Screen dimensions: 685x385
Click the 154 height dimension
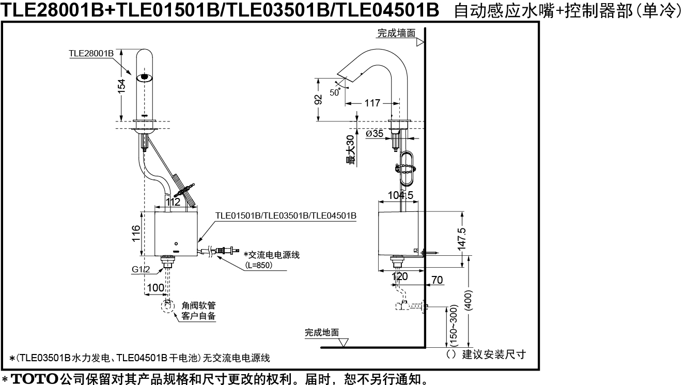click(122, 86)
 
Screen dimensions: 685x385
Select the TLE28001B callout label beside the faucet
click(91, 53)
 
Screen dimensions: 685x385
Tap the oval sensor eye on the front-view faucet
click(145, 77)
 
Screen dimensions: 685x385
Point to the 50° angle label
click(335, 92)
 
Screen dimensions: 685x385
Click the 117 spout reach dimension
click(372, 103)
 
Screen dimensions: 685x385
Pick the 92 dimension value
click(318, 99)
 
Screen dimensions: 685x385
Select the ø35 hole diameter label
click(375, 133)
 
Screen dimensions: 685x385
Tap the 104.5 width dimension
click(400, 195)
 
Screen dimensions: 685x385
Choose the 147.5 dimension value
click(462, 239)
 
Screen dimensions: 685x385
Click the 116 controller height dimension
click(136, 233)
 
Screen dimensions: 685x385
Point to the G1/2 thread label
click(141, 269)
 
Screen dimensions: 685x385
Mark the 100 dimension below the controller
click(155, 288)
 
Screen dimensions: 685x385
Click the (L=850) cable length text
click(259, 265)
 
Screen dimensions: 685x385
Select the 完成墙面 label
click(396, 33)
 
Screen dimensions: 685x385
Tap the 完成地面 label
click(322, 332)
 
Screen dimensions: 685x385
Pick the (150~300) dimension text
click(455, 325)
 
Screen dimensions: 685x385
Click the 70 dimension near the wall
click(437, 280)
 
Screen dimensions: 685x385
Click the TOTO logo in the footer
click(35, 379)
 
